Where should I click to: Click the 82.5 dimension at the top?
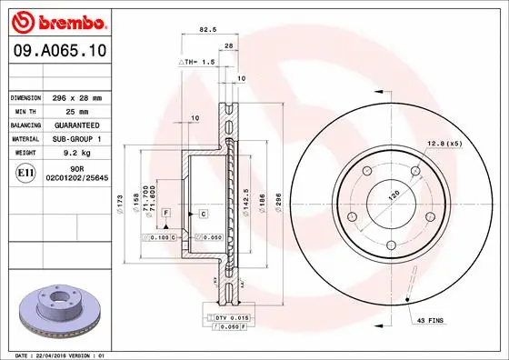[x=206, y=30]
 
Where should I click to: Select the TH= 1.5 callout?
[x=195, y=64]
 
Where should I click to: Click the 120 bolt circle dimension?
[x=394, y=195]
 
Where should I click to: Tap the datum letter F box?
[x=167, y=212]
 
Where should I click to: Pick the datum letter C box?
[x=203, y=213]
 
